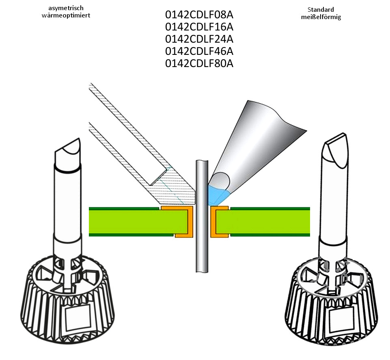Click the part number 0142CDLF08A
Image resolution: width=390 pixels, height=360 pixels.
click(x=199, y=15)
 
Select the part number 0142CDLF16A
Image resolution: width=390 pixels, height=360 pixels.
click(x=199, y=27)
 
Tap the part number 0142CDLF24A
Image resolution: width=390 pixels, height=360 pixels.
click(x=199, y=39)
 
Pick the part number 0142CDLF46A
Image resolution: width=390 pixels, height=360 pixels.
click(x=199, y=51)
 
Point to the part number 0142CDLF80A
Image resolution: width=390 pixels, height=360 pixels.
click(x=199, y=63)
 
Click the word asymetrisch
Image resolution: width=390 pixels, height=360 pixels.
click(x=66, y=9)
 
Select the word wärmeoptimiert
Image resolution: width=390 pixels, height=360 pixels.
click(x=66, y=15)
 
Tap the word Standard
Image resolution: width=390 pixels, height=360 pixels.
click(x=321, y=10)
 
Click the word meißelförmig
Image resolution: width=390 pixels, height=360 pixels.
click(x=321, y=17)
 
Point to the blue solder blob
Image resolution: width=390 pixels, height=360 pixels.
click(x=216, y=194)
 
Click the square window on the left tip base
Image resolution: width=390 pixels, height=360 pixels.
click(x=78, y=317)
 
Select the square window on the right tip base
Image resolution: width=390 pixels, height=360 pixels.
click(x=341, y=319)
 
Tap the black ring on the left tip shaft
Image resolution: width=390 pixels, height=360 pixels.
click(x=68, y=169)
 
